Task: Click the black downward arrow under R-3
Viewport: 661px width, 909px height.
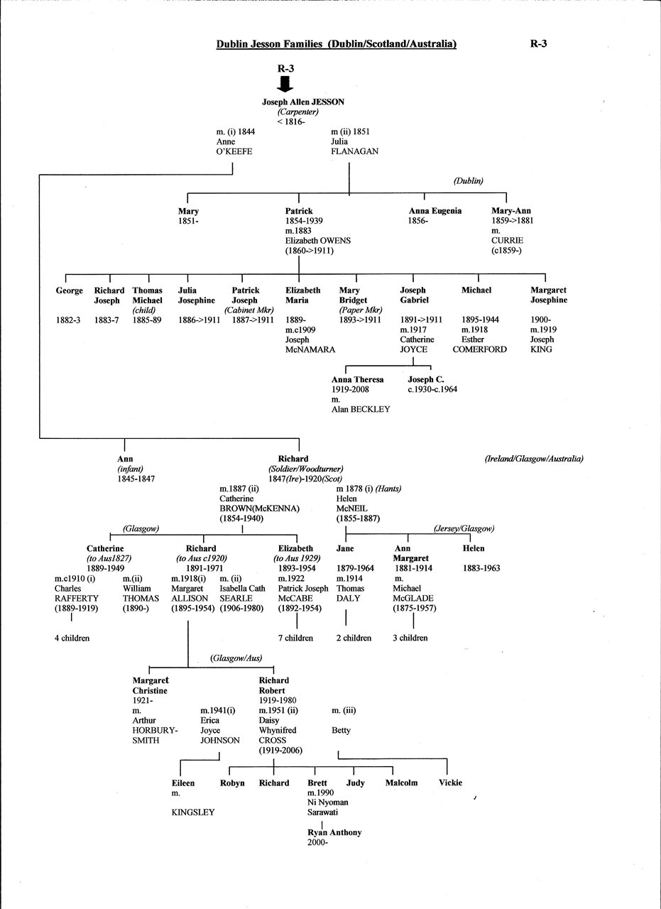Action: pyautogui.click(x=285, y=84)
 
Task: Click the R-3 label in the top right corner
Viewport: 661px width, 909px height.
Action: pyautogui.click(x=538, y=43)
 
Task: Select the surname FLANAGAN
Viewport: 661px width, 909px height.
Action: pyautogui.click(x=355, y=151)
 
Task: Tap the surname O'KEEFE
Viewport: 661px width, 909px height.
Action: pyautogui.click(x=234, y=151)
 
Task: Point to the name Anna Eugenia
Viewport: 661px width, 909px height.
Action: pyautogui.click(x=435, y=211)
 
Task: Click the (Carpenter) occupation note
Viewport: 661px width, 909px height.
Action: pyautogui.click(x=297, y=111)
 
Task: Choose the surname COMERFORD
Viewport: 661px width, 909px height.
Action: pyautogui.click(x=480, y=349)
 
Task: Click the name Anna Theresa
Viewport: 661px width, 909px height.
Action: pyautogui.click(x=358, y=379)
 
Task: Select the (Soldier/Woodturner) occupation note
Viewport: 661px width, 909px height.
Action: pyautogui.click(x=305, y=469)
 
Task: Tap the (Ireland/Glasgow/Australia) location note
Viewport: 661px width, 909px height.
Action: pyautogui.click(x=534, y=459)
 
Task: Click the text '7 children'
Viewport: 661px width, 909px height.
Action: pyautogui.click(x=295, y=638)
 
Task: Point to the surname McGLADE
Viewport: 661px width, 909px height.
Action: pyautogui.click(x=413, y=598)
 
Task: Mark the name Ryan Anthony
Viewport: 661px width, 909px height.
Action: pyautogui.click(x=334, y=832)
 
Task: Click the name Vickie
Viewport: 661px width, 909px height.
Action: pyautogui.click(x=450, y=783)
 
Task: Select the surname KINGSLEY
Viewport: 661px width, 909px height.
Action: pyautogui.click(x=192, y=812)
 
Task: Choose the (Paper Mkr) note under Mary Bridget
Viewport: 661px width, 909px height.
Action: pyautogui.click(x=361, y=310)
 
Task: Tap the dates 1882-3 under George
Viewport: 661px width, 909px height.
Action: pyautogui.click(x=68, y=320)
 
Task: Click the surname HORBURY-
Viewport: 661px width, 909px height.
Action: pyautogui.click(x=155, y=730)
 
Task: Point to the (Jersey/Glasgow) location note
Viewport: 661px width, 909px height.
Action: pyautogui.click(x=464, y=528)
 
